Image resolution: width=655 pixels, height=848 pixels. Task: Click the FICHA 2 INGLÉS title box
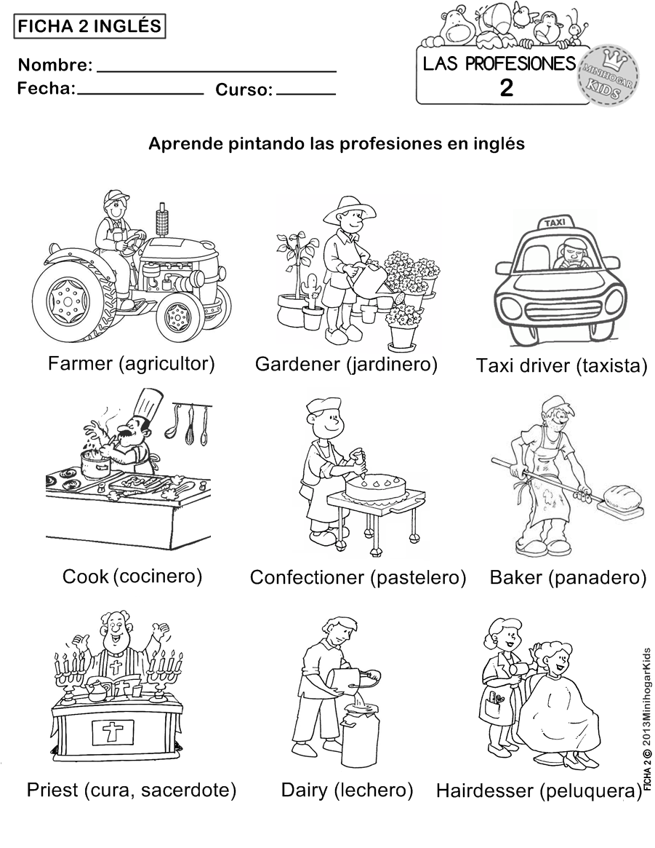pos(89,27)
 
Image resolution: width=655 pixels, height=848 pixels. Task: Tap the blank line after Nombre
pos(216,70)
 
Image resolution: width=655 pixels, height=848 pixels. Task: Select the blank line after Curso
pos(306,93)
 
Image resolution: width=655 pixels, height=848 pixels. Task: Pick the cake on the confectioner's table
pos(374,485)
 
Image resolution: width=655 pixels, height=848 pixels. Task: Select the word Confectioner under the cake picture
pos(307,577)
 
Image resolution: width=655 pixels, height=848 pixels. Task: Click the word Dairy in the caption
pos(304,790)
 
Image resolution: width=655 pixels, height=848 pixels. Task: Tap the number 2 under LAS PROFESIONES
pos(506,88)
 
